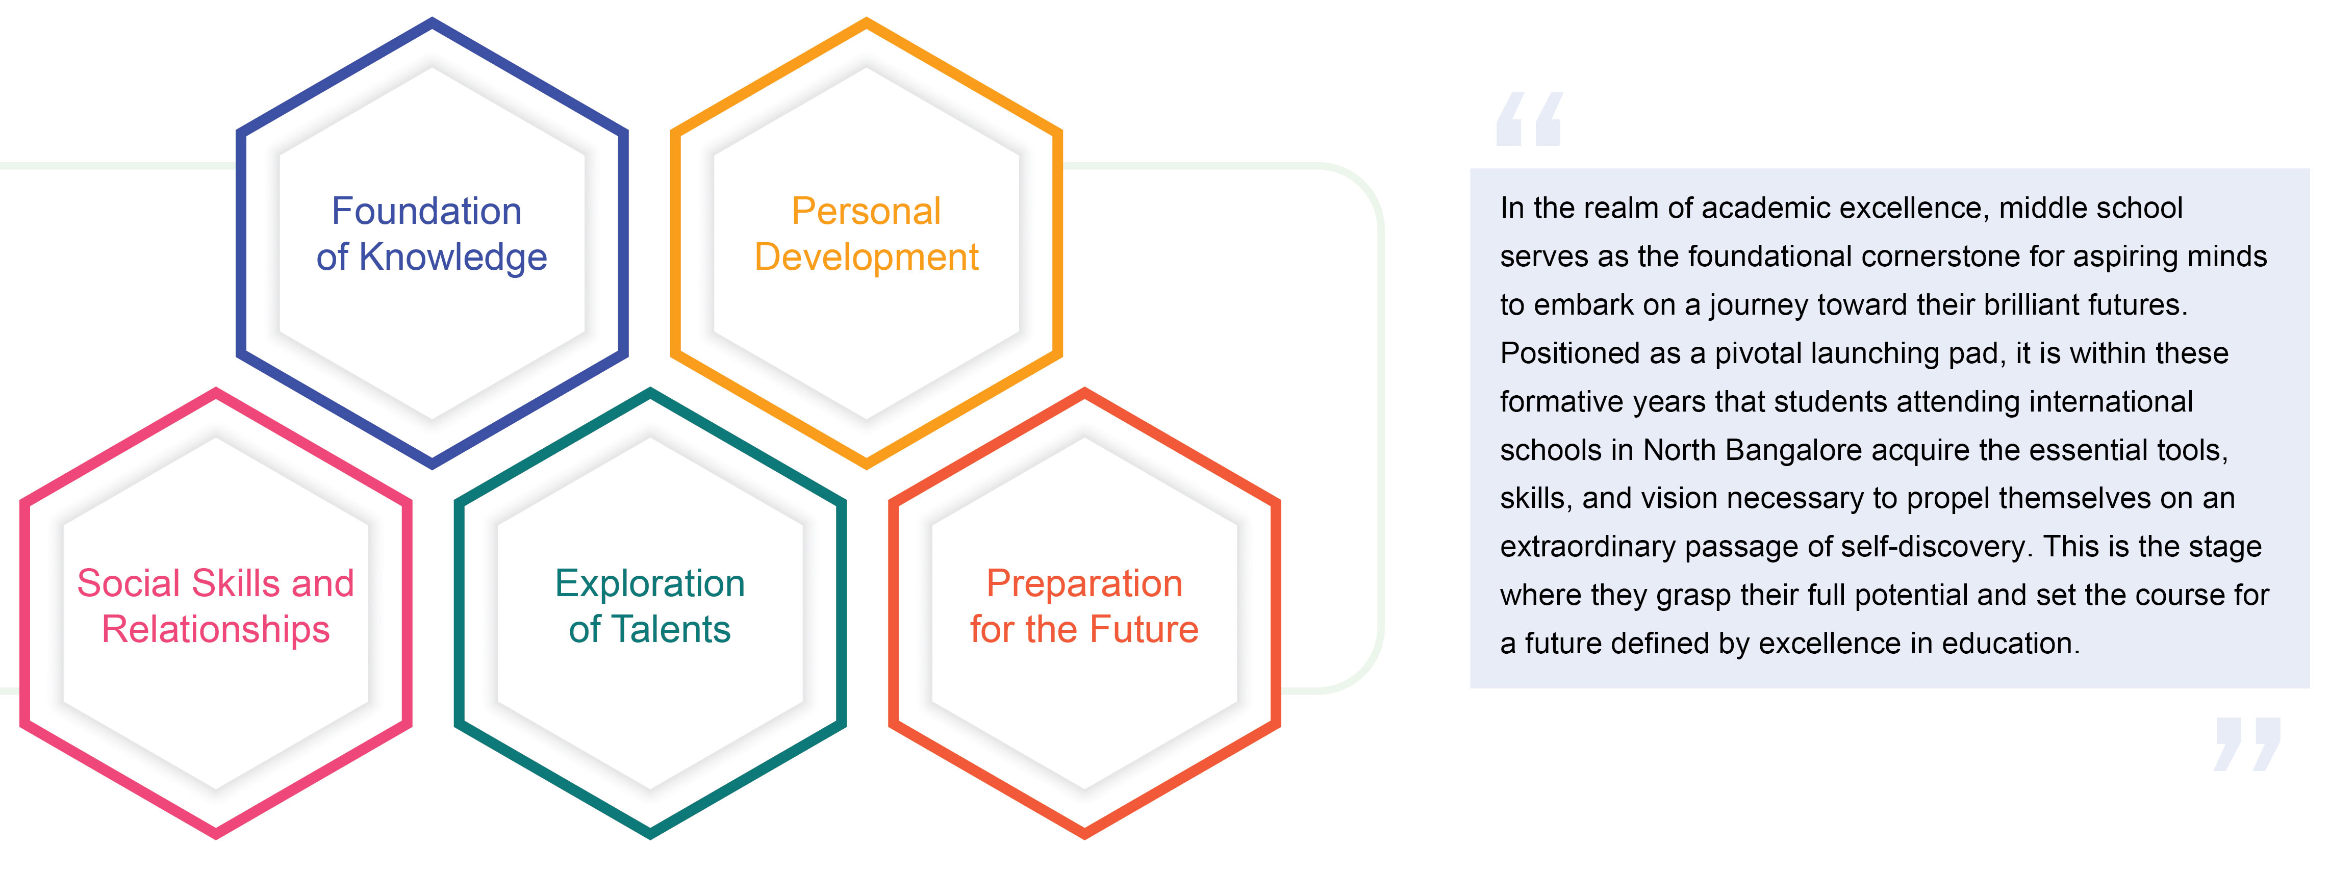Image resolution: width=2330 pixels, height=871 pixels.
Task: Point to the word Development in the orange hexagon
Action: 867,258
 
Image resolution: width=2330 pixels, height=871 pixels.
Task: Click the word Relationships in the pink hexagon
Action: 216,629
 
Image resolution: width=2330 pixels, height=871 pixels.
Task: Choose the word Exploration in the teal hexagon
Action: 650,583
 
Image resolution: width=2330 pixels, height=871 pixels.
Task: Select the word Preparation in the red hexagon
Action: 1084,583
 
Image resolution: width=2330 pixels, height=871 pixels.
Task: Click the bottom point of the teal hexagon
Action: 650,834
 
